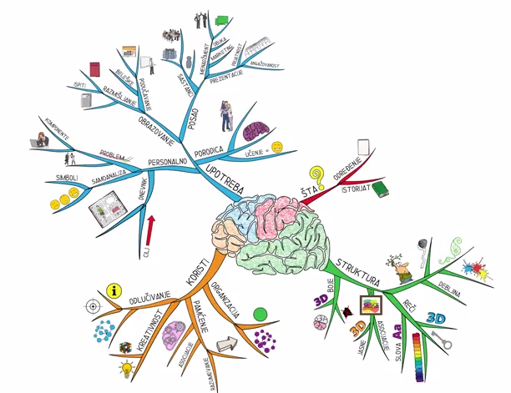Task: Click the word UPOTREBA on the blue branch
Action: coord(224,182)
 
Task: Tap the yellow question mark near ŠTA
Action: coord(316,176)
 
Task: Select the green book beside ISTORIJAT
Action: coord(380,190)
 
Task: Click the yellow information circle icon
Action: coord(115,290)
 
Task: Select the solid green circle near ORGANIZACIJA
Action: coord(261,314)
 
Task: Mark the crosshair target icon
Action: coord(92,306)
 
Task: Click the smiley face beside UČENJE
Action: coord(276,147)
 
